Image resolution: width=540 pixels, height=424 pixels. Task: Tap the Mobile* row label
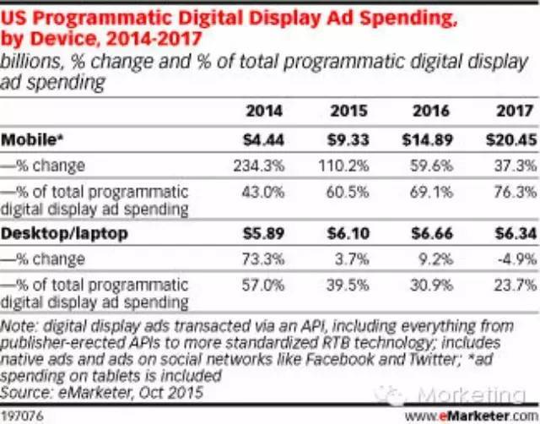click(30, 137)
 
